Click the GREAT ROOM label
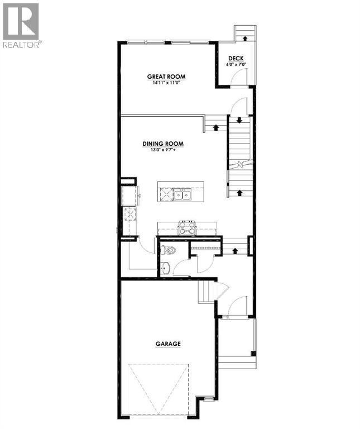pos(166,77)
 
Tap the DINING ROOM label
pos(163,144)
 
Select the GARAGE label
pos(168,344)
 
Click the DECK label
pos(236,58)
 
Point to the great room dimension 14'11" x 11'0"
pos(166,82)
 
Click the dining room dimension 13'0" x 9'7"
pos(162,150)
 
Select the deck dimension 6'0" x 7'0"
pos(236,65)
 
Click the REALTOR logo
pos(21,26)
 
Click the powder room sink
pos(165,268)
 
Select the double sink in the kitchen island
pos(183,195)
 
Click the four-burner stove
pos(187,228)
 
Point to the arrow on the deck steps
pos(245,38)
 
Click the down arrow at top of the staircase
pos(239,120)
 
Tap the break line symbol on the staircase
pos(240,164)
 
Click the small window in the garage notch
pos(209,400)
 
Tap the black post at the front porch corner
pos(253,354)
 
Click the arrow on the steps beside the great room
pos(216,127)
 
